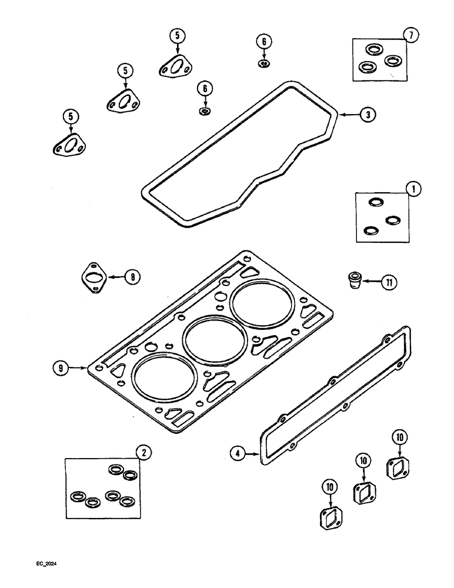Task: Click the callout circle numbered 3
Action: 367,115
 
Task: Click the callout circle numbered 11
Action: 388,282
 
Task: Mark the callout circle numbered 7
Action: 411,36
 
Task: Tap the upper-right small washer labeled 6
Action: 264,63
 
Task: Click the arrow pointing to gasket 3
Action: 348,115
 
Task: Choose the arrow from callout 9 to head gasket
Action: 78,368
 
